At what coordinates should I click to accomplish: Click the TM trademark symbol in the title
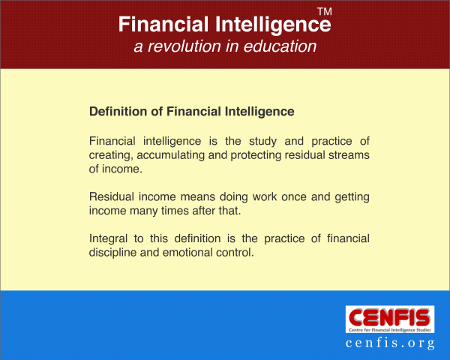click(x=325, y=11)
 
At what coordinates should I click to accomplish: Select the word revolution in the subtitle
click(x=184, y=46)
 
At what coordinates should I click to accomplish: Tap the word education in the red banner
click(x=280, y=46)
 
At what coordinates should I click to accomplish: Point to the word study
click(x=263, y=141)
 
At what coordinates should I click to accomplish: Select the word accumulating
click(x=170, y=155)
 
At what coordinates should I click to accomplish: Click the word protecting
click(x=256, y=155)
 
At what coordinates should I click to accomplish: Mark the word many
click(x=143, y=211)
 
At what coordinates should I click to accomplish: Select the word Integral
click(x=108, y=238)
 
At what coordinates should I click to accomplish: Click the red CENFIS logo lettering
click(x=390, y=317)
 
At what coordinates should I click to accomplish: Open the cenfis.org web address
click(x=390, y=343)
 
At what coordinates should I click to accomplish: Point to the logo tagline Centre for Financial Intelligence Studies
click(x=390, y=330)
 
